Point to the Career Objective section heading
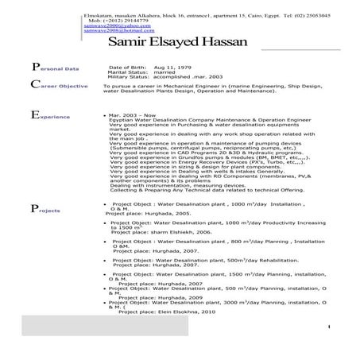[60, 86]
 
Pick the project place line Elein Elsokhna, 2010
[167, 312]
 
